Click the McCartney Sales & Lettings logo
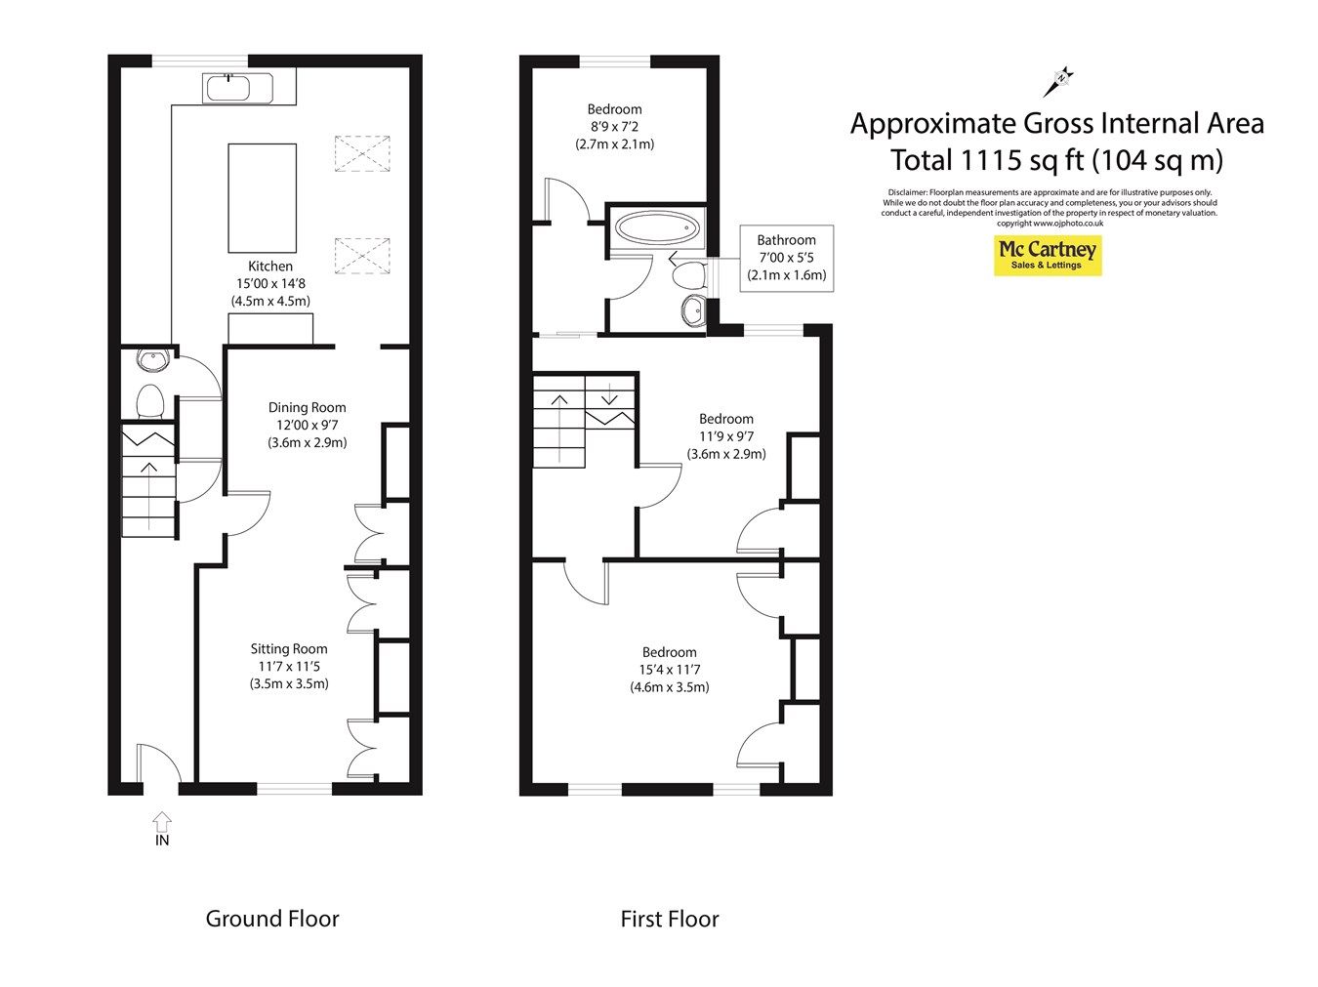pyautogui.click(x=1047, y=256)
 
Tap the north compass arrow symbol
pyautogui.click(x=1057, y=82)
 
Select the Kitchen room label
pyautogui.click(x=270, y=266)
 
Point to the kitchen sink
pyautogui.click(x=227, y=89)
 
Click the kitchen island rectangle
pyautogui.click(x=262, y=198)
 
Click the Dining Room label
pyautogui.click(x=307, y=407)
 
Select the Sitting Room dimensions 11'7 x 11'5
pyautogui.click(x=288, y=666)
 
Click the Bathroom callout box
pyautogui.click(x=786, y=258)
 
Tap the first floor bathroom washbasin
pyautogui.click(x=693, y=309)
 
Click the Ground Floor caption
pyautogui.click(x=272, y=919)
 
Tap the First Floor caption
pyautogui.click(x=669, y=919)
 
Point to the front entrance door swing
pyautogui.click(x=157, y=761)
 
